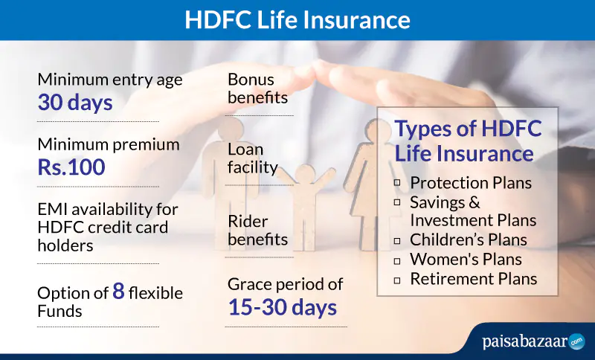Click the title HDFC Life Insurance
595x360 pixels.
click(297, 20)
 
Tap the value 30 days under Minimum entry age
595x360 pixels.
click(75, 103)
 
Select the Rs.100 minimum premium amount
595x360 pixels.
click(71, 167)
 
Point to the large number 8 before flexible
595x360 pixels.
click(119, 291)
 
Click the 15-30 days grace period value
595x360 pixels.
click(283, 307)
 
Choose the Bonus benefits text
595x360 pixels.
click(257, 89)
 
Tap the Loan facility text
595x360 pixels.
click(253, 158)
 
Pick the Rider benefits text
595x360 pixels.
click(257, 231)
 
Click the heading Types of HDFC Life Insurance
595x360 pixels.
click(469, 141)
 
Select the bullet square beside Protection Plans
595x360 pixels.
click(397, 183)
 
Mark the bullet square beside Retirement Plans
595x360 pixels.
click(397, 280)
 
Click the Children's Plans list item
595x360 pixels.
click(469, 240)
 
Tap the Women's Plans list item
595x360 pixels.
click(466, 260)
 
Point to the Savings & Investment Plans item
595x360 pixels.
click(473, 211)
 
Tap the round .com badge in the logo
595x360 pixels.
click(577, 341)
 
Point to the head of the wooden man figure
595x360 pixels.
click(231, 129)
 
